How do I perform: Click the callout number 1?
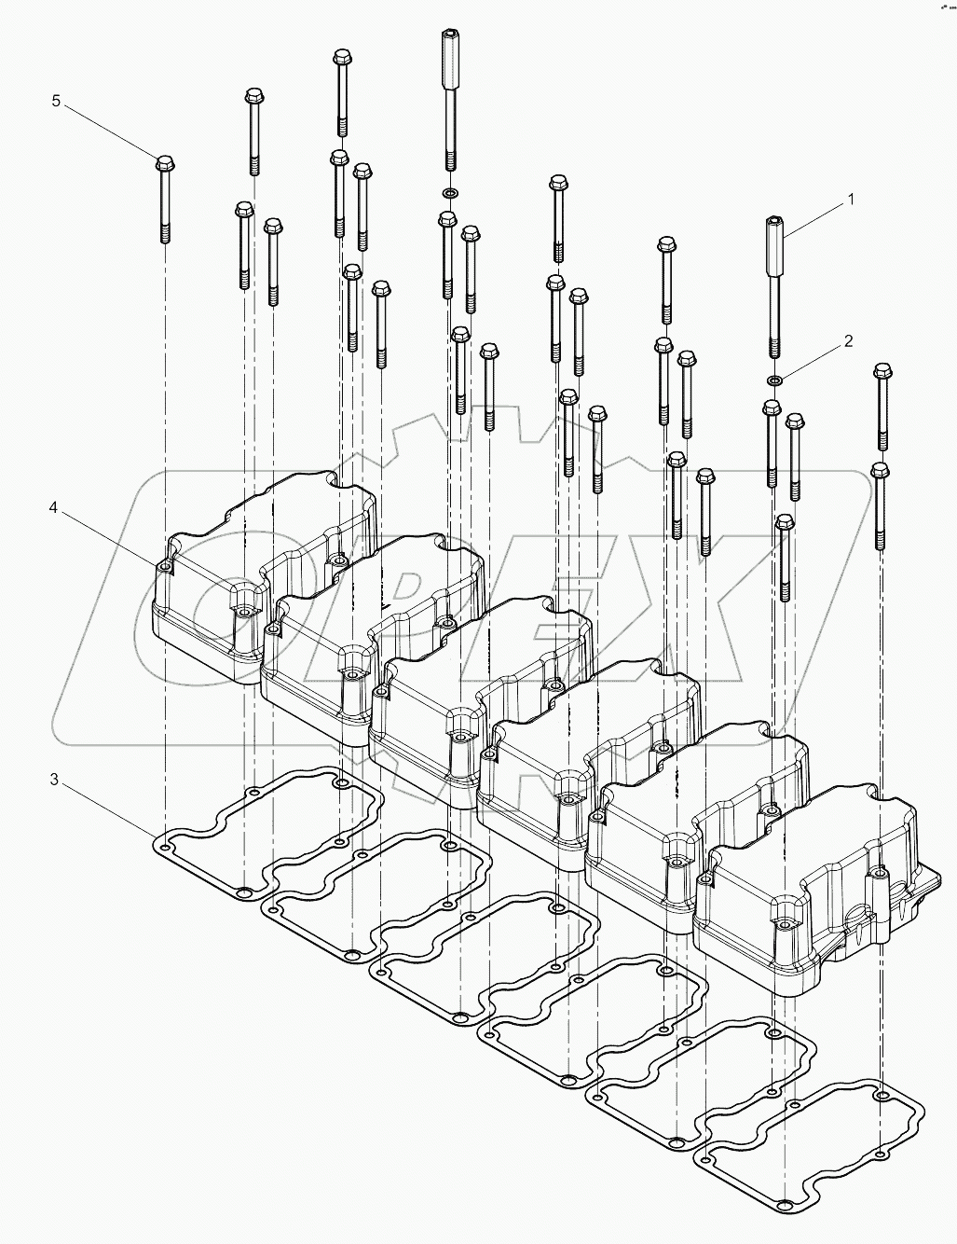(x=850, y=200)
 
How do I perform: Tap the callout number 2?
(x=848, y=341)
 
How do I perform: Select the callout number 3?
(x=54, y=780)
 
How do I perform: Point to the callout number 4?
(x=54, y=507)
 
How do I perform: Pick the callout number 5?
(x=56, y=101)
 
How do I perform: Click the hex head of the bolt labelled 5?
(x=165, y=164)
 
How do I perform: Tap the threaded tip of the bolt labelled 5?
(x=165, y=233)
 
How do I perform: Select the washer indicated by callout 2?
(x=773, y=380)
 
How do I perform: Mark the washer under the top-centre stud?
(x=449, y=192)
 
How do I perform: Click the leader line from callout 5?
(x=110, y=131)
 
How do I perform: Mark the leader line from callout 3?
(x=107, y=806)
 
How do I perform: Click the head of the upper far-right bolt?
(x=882, y=373)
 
